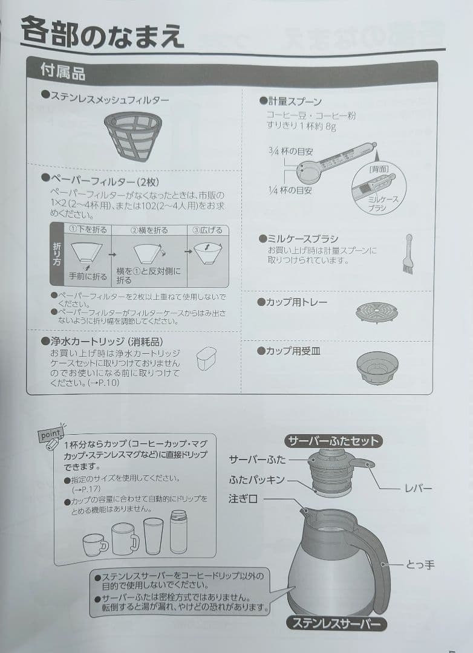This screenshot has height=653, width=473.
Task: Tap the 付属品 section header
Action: tap(63, 73)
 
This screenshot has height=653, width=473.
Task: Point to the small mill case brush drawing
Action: tap(408, 255)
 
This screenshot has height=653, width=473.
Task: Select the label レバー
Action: tap(418, 488)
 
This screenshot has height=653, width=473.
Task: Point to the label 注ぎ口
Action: tap(243, 499)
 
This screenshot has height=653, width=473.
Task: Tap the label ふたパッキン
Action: tap(256, 480)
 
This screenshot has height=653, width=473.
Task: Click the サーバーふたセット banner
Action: tap(333, 440)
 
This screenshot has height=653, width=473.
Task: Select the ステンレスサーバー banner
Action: tap(334, 622)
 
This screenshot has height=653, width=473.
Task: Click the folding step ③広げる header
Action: tap(207, 230)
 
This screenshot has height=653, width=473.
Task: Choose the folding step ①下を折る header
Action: tap(88, 230)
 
